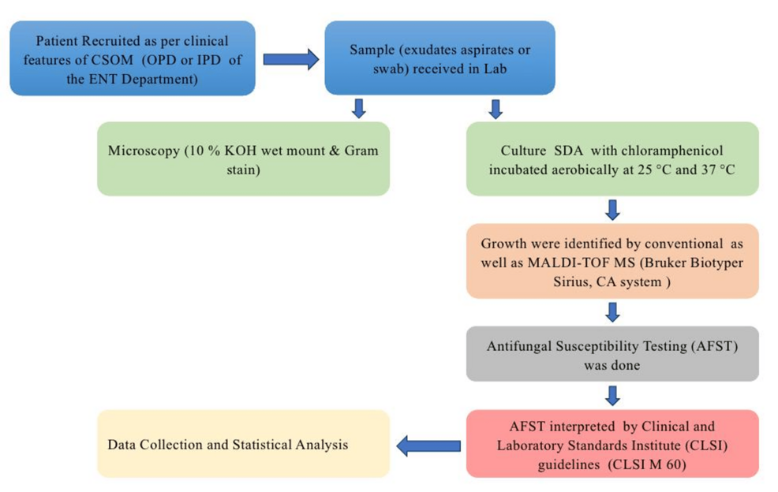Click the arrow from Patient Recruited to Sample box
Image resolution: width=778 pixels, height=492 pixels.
coord(290,59)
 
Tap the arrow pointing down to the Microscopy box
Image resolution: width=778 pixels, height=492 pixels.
coord(359,109)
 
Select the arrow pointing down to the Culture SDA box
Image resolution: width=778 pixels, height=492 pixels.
coord(496,109)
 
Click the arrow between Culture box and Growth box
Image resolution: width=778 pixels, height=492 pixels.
coord(612,209)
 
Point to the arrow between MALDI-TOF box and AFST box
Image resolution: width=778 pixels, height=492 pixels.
coord(612,312)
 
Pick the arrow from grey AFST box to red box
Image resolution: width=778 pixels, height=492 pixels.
coord(612,395)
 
